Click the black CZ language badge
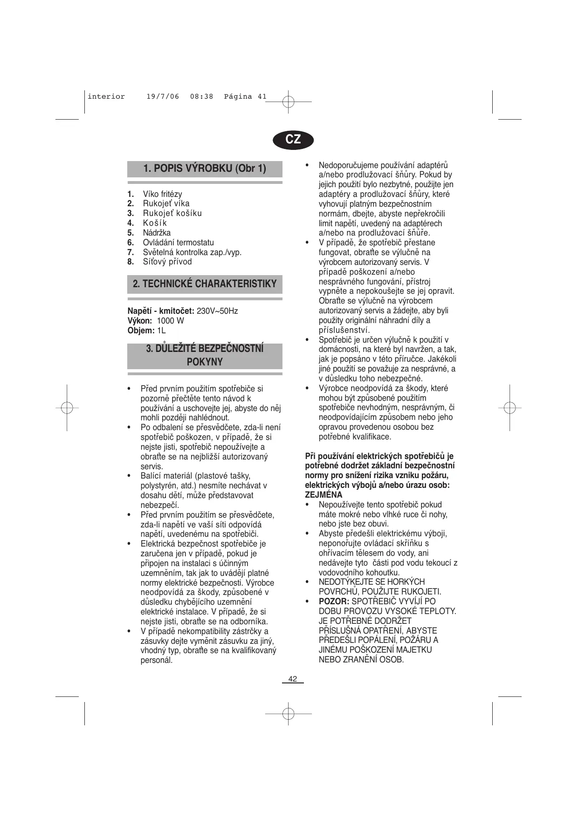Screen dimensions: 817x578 click(x=293, y=139)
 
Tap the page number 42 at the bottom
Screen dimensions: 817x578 click(x=292, y=679)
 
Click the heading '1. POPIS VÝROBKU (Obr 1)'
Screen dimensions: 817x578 click(x=205, y=169)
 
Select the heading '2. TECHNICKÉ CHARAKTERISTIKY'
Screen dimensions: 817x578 click(x=205, y=284)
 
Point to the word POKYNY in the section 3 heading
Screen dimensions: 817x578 click(x=205, y=362)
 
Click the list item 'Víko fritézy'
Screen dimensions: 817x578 click(x=162, y=194)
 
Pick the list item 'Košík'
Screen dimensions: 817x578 click(x=155, y=223)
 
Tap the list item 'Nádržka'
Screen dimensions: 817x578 click(x=157, y=233)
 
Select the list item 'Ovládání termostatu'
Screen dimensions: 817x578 click(x=178, y=243)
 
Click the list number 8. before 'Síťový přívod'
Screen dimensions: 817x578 click(x=131, y=262)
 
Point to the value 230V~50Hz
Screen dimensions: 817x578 click(x=217, y=311)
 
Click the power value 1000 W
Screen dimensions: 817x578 click(x=170, y=321)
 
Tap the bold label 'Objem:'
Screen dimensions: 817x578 click(x=141, y=331)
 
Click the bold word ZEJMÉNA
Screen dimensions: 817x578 click(x=323, y=495)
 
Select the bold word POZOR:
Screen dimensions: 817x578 click(x=334, y=601)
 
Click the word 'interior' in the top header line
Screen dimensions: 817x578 click(x=106, y=97)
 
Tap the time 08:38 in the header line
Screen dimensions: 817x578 click(x=201, y=97)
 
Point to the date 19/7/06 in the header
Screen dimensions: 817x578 click(x=163, y=97)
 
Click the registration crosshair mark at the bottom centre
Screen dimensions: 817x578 click(x=288, y=713)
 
